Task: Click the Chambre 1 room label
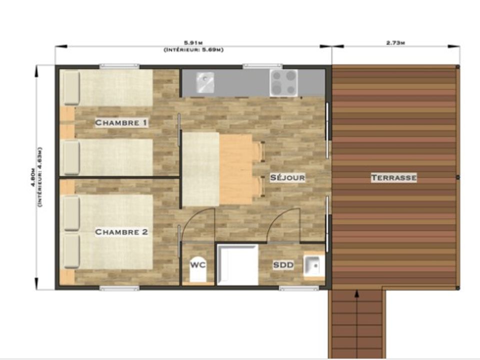(121, 123)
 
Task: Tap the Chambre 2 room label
(121, 232)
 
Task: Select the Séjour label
(287, 177)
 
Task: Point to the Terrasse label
(393, 177)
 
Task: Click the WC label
(198, 265)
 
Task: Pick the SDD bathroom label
(283, 265)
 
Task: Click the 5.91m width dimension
(193, 42)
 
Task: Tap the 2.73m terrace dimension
(395, 43)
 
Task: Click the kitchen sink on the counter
(205, 82)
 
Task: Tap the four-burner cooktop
(284, 82)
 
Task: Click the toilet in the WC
(198, 269)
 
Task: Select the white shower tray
(237, 264)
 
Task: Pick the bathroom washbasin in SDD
(314, 266)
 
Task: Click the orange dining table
(235, 169)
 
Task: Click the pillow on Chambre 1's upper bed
(71, 88)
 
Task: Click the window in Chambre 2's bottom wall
(119, 288)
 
